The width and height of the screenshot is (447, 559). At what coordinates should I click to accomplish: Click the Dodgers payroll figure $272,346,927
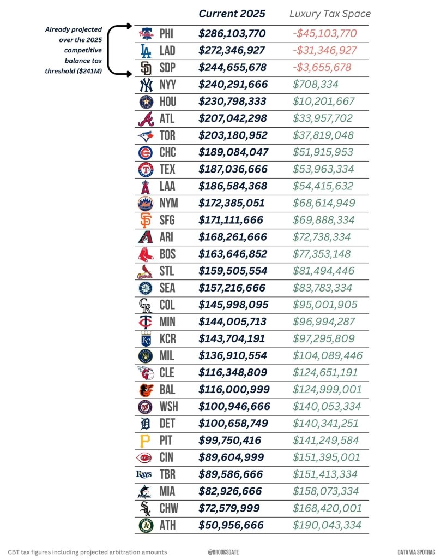tap(232, 51)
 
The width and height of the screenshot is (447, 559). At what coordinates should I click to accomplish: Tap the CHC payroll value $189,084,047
tap(232, 152)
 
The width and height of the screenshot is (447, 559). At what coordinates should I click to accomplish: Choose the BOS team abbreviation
tap(167, 254)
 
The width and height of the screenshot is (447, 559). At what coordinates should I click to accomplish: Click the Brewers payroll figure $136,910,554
tap(232, 356)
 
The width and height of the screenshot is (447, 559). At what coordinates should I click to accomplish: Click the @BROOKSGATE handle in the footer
tap(224, 552)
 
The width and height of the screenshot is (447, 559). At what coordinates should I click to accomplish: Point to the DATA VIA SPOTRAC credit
tap(418, 552)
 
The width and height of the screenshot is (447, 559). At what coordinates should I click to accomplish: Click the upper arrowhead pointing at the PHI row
tap(129, 26)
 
